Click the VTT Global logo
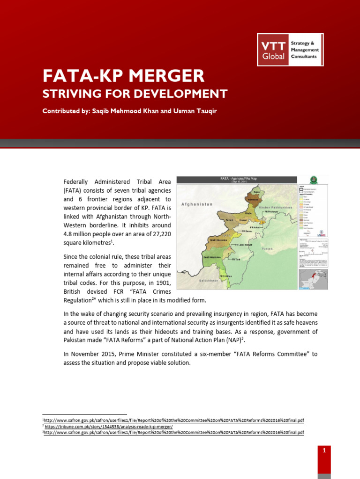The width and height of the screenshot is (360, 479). click(290, 50)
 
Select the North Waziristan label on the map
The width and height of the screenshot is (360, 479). click(219, 239)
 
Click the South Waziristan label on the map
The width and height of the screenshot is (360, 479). click(212, 257)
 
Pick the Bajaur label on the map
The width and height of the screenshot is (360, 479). click(256, 192)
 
